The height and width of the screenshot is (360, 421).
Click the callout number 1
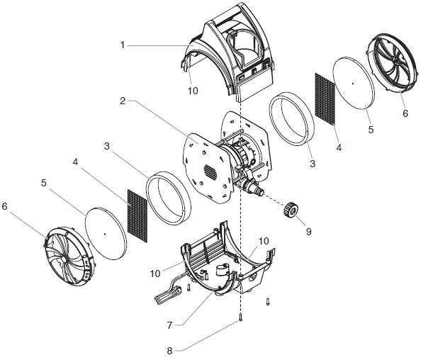(x=122, y=45)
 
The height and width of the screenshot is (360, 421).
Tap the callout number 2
(x=122, y=101)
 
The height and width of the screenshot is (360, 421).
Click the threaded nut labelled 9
(x=290, y=210)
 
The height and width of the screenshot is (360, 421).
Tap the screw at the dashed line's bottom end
(x=241, y=318)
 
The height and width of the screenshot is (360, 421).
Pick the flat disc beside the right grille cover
(x=352, y=83)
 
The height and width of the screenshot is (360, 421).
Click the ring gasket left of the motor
(x=169, y=196)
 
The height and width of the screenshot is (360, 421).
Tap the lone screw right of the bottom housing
(x=268, y=301)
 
